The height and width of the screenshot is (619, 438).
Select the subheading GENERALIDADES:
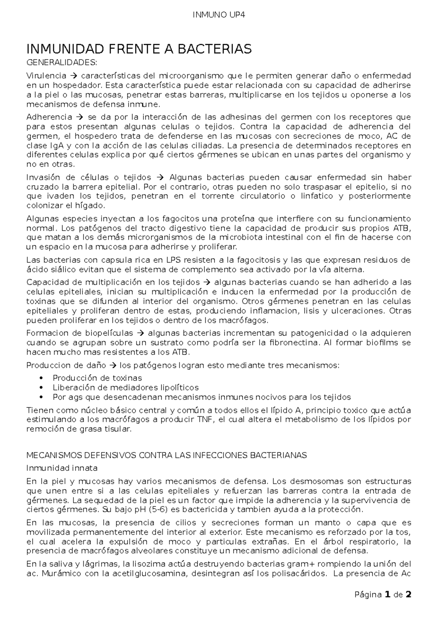pos(62,63)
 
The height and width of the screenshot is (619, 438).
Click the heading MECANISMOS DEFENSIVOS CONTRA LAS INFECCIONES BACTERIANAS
pos(167,455)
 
